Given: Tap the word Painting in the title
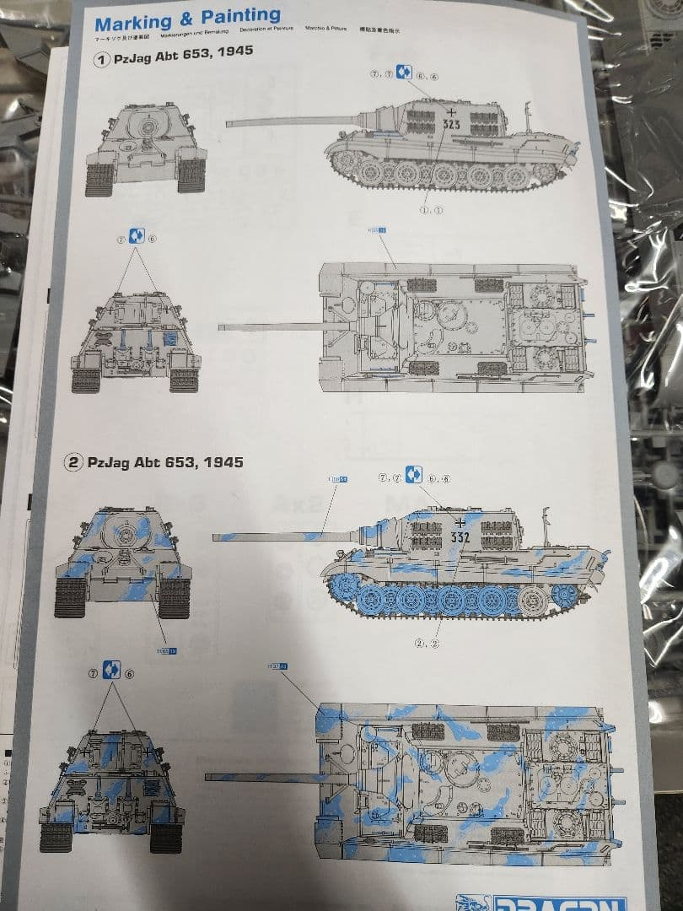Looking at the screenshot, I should pos(240,17).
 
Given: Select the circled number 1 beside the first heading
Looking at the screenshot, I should pos(102,61).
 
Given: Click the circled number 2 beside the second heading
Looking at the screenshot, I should pos(75,462).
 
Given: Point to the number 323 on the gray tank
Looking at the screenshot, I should pos(451,123).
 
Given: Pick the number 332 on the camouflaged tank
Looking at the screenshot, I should pos(460,536).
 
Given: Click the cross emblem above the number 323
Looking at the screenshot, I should pos(453,111).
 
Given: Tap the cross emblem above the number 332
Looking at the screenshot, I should pos(459,523).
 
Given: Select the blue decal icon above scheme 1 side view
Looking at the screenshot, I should pos(405,73).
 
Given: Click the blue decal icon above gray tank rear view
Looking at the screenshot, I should pos(137,236).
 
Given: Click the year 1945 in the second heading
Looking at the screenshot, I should pos(223,462).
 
